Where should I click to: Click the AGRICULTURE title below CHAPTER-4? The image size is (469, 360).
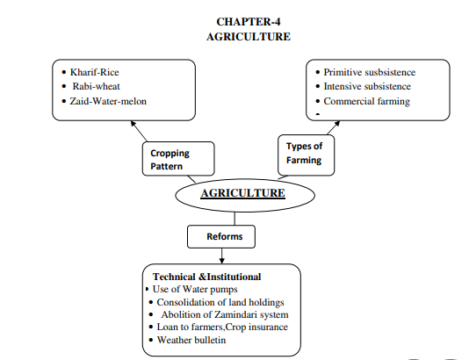click(x=248, y=37)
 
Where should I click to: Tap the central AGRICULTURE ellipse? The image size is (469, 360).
click(x=243, y=192)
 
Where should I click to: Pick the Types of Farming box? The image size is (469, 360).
click(x=304, y=154)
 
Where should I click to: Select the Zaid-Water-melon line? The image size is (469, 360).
click(x=109, y=102)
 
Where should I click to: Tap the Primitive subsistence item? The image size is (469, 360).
click(x=369, y=71)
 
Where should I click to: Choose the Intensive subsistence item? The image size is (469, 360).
click(x=366, y=86)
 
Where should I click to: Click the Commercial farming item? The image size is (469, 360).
click(x=365, y=101)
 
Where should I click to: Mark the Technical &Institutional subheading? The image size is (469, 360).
click(x=206, y=277)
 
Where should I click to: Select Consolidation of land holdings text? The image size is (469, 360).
click(x=218, y=302)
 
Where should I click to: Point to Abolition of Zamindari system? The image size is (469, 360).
click(x=224, y=314)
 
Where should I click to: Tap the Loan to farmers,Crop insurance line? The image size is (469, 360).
click(x=221, y=327)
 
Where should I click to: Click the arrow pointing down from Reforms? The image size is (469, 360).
click(x=221, y=256)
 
